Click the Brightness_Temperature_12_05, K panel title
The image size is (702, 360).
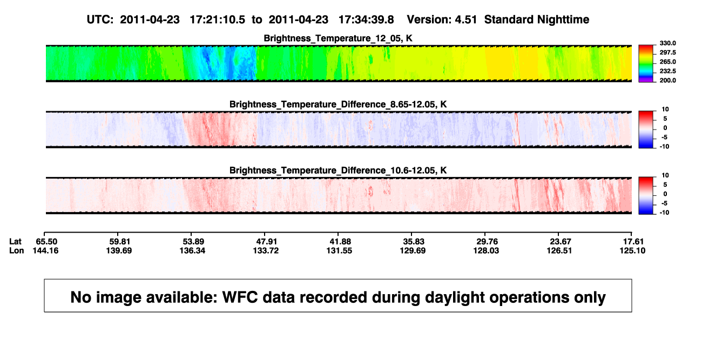pyautogui.click(x=338, y=38)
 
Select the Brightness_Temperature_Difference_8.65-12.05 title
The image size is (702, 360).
pyautogui.click(x=338, y=104)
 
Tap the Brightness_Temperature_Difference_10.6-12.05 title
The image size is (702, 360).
pyautogui.click(x=338, y=171)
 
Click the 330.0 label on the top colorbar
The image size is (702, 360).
pyautogui.click(x=667, y=43)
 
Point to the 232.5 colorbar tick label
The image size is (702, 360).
pyautogui.click(x=667, y=71)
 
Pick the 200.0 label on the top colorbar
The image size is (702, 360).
pyautogui.click(x=667, y=80)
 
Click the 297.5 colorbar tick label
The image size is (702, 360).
pyautogui.click(x=667, y=53)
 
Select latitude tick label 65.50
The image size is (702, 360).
pyautogui.click(x=46, y=242)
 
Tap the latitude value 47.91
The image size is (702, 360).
pyautogui.click(x=266, y=242)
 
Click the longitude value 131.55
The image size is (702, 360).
pyautogui.click(x=339, y=250)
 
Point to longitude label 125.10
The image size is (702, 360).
pyautogui.click(x=632, y=250)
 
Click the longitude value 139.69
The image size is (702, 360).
pyautogui.click(x=119, y=250)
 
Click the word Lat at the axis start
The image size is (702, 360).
pyautogui.click(x=15, y=242)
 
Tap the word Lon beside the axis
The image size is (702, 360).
pyautogui.click(x=17, y=250)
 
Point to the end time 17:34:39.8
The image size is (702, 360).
pyautogui.click(x=366, y=20)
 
